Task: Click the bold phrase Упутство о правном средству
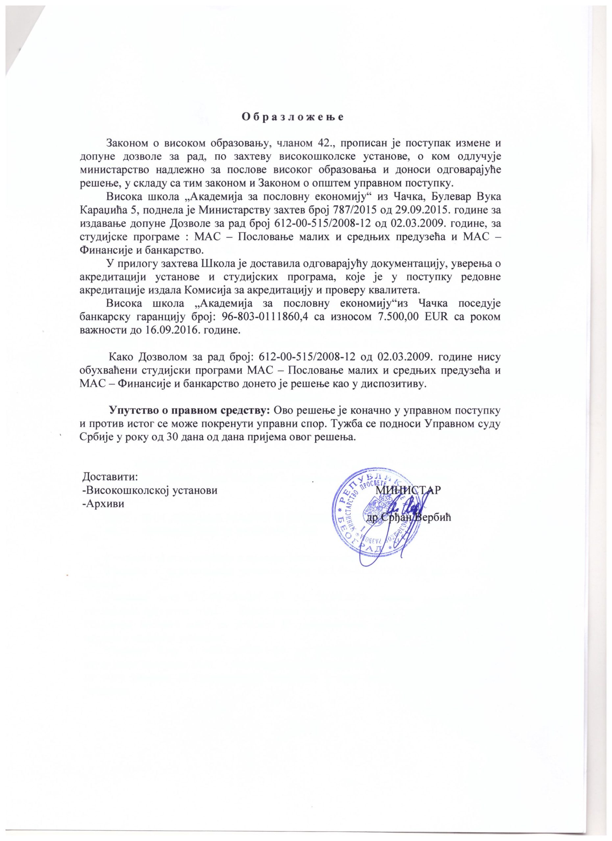[x=190, y=411]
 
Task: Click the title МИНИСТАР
[x=409, y=489]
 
